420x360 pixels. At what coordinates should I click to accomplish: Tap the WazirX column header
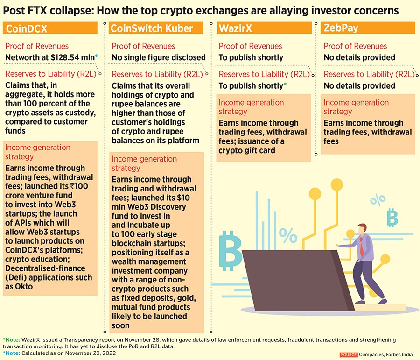click(236, 28)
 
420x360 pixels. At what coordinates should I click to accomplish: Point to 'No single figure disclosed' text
click(159, 57)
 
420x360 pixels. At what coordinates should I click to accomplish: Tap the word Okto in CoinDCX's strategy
click(23, 286)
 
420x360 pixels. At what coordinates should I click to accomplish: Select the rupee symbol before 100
click(72, 186)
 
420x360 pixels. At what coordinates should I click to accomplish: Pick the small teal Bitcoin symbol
click(392, 217)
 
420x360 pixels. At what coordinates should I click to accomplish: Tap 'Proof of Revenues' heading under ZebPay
click(355, 46)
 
